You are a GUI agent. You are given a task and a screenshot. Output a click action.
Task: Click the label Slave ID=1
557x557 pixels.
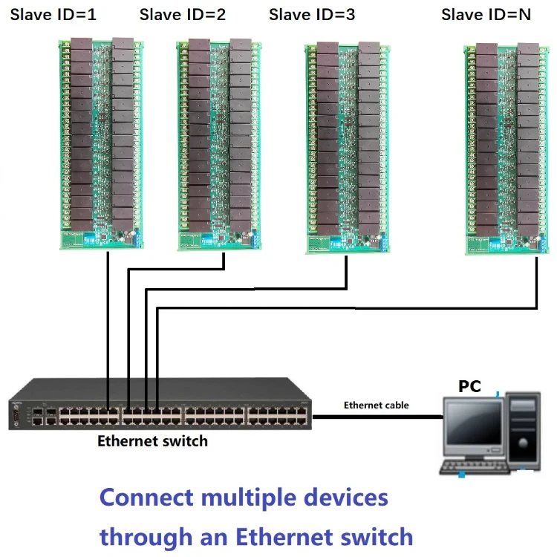[x=53, y=14]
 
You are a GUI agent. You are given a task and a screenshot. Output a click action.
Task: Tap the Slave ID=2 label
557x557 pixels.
[x=183, y=14]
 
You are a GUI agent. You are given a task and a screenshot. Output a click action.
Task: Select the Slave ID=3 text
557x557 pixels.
[x=312, y=14]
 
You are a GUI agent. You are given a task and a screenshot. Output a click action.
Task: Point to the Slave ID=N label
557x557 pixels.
[x=486, y=14]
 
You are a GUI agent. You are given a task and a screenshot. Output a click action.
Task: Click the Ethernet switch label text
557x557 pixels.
[x=153, y=441]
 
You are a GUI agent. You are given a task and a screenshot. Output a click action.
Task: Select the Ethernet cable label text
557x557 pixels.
[x=376, y=405]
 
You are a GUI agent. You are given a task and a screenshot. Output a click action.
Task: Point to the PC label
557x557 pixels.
[x=469, y=386]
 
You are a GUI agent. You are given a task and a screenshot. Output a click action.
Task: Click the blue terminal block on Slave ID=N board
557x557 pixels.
[x=547, y=242]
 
